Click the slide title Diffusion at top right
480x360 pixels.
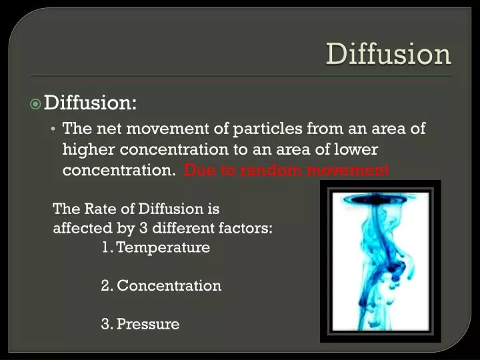(x=388, y=54)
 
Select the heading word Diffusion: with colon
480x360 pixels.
(x=90, y=103)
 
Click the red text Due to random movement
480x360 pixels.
(x=287, y=170)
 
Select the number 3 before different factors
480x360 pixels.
(x=143, y=229)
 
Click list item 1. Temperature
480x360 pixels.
(x=156, y=248)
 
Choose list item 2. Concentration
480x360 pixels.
(x=161, y=286)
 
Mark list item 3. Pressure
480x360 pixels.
(x=141, y=325)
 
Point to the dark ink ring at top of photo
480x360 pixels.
(x=380, y=198)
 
